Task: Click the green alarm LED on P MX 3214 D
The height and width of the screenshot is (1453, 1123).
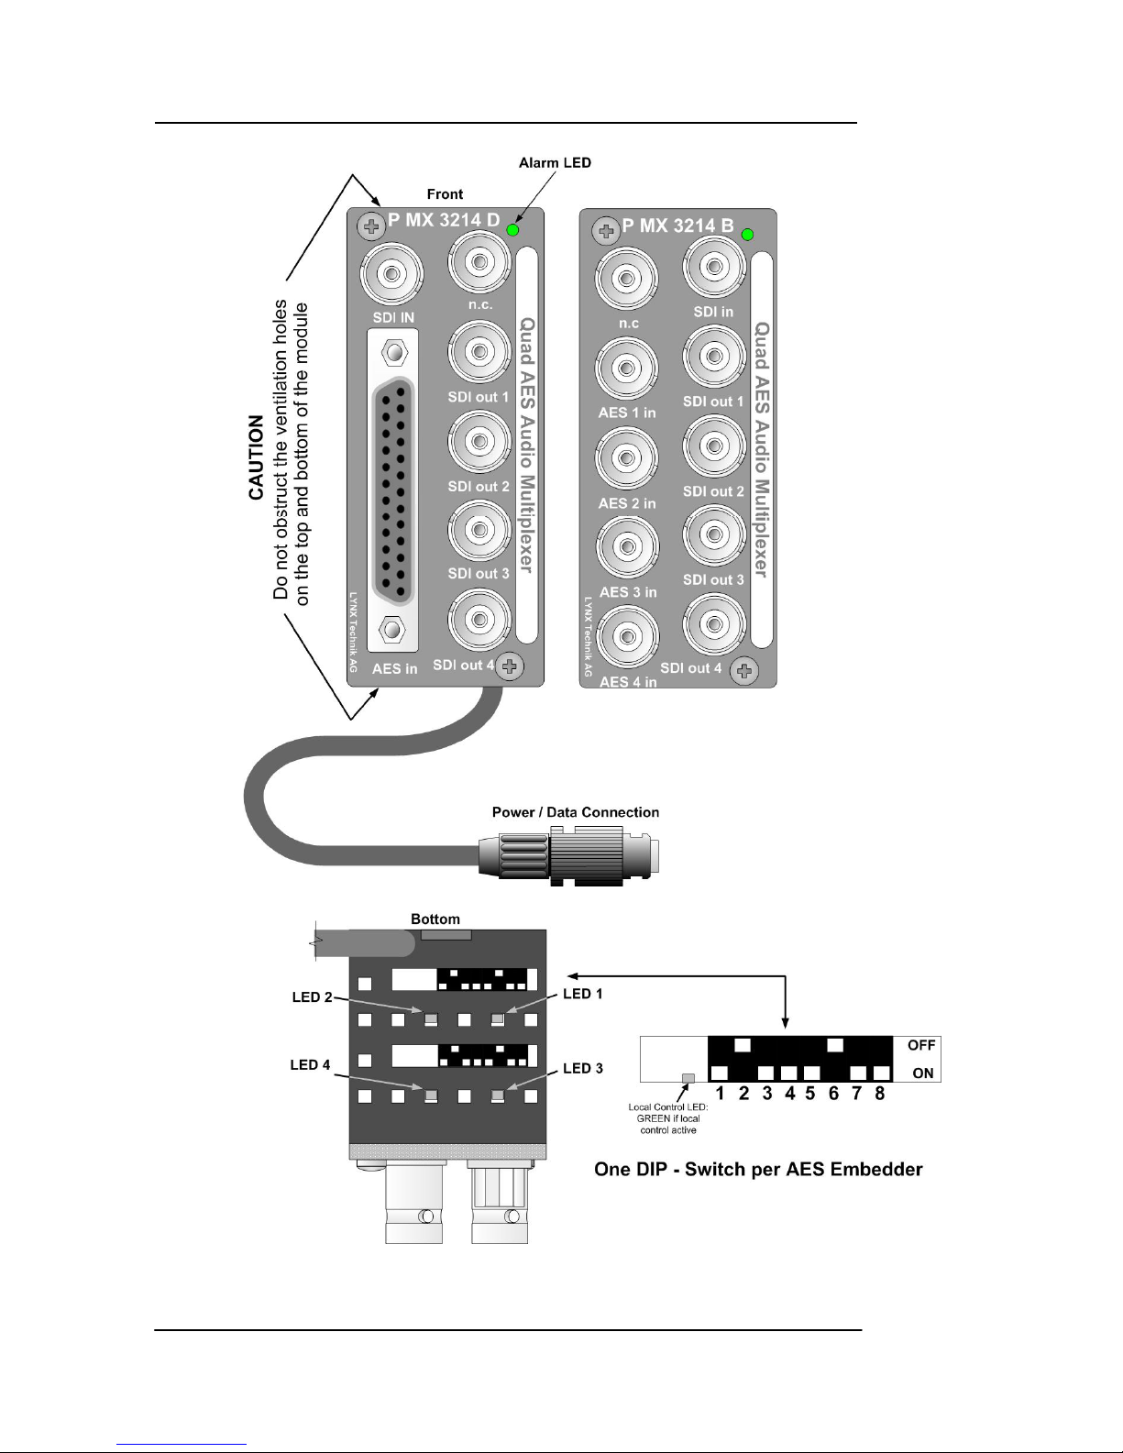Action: point(512,230)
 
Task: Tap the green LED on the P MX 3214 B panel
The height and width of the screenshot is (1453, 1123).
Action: point(747,235)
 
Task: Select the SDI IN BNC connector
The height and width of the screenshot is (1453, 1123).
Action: point(391,273)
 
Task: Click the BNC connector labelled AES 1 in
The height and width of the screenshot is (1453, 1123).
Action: point(626,368)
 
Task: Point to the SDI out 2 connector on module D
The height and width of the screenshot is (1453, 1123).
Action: point(479,442)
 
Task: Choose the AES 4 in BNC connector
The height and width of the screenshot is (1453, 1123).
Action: point(627,636)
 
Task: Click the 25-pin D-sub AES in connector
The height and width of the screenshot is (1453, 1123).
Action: point(393,490)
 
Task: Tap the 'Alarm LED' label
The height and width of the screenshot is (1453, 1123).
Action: point(555,162)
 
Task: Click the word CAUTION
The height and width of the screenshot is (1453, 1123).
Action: point(256,457)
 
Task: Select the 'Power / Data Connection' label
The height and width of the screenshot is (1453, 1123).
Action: point(576,811)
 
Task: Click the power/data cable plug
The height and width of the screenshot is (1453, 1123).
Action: point(569,856)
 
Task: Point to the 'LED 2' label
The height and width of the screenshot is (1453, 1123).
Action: point(313,997)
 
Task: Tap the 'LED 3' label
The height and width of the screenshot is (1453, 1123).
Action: point(583,1069)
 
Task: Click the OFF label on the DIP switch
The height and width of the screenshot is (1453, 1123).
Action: point(921,1045)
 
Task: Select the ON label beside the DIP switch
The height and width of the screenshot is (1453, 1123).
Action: point(923,1073)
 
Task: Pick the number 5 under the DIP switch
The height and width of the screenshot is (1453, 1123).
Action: point(810,1094)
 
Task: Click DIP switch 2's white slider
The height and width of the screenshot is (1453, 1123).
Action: point(743,1045)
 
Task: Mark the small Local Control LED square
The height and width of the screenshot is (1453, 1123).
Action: point(688,1078)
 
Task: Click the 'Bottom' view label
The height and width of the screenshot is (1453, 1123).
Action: point(435,919)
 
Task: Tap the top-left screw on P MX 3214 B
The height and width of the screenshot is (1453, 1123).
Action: point(606,231)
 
